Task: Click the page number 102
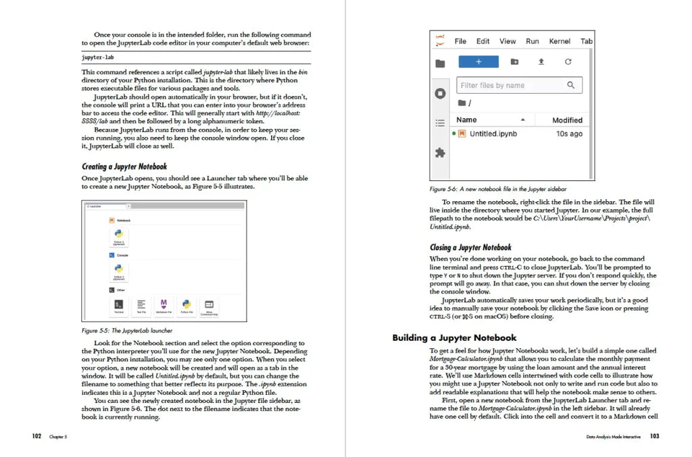[36, 436]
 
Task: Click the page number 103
[654, 437]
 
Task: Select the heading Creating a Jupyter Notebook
[124, 167]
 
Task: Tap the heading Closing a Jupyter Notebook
[470, 247]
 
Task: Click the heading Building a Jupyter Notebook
[454, 338]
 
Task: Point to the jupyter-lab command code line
[98, 58]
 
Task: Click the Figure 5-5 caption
[126, 331]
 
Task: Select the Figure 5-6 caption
[498, 190]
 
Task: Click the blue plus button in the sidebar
[478, 61]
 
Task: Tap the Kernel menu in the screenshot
[560, 41]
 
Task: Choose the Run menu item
[533, 41]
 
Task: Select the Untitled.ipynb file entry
[493, 134]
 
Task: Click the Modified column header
[567, 120]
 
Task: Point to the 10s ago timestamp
[569, 134]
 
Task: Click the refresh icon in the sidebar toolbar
[568, 61]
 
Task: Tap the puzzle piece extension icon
[440, 153]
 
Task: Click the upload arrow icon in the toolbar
[541, 61]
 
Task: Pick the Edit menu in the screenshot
[483, 41]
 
